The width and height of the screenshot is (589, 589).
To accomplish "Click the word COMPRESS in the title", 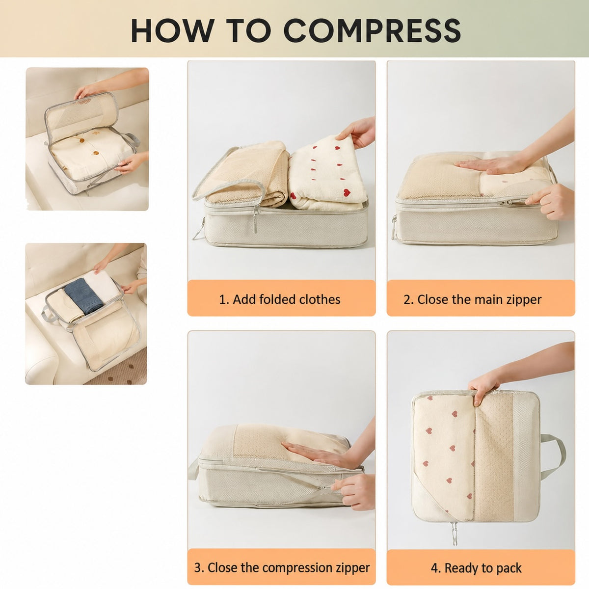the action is coord(372,30).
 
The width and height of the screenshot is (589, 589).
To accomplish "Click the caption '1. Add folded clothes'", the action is coord(279,299).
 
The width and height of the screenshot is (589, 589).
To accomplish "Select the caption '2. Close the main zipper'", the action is coord(472,300).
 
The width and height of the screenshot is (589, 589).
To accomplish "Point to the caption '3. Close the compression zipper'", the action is coord(282,559).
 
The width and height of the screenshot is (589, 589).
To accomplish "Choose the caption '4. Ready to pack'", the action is coord(476,560).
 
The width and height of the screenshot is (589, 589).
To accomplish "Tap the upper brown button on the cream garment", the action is coord(82,140).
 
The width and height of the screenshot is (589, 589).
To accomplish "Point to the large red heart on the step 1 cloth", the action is coord(347,193).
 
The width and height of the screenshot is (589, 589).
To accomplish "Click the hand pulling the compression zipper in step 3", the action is coord(354,492).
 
